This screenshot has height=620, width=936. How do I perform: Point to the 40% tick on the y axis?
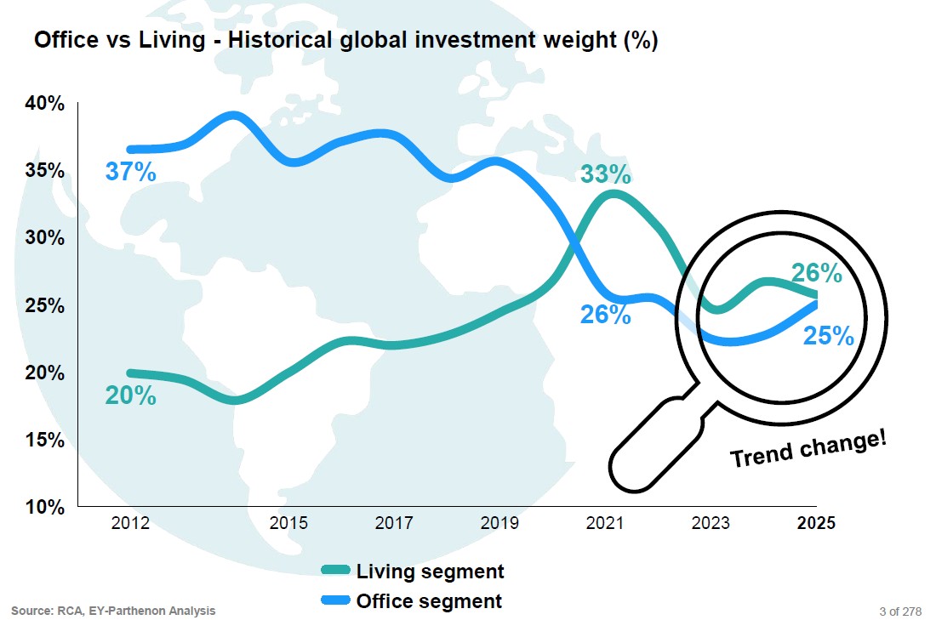click(44, 104)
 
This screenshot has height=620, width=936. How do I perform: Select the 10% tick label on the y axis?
click(44, 508)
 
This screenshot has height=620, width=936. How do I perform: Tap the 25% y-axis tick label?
click(44, 305)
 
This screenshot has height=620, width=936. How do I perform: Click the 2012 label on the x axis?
click(130, 523)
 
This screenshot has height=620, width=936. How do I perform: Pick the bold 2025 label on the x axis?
click(816, 523)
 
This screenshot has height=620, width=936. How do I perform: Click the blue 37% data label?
click(130, 172)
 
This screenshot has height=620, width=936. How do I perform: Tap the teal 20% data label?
click(130, 395)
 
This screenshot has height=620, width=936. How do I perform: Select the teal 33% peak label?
click(605, 175)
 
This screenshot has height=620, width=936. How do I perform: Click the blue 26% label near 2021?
click(605, 315)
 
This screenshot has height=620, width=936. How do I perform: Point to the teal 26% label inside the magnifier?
click(816, 273)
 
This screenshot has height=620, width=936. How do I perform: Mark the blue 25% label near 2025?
click(828, 337)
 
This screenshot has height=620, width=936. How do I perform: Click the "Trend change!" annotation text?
click(808, 447)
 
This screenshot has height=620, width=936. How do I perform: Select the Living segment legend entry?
click(413, 572)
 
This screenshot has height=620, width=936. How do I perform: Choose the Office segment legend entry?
click(413, 601)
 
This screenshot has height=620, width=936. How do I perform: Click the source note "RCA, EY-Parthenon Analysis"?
click(113, 611)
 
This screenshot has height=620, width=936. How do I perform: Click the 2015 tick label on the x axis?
click(288, 523)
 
